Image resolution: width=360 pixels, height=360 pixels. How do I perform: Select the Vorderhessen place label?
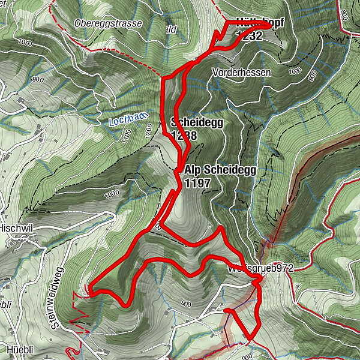click(241, 72)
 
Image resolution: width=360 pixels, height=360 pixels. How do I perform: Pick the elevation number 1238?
click(184, 136)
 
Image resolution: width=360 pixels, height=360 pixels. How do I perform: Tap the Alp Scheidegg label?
click(220, 170)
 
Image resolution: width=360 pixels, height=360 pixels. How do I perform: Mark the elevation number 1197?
click(198, 183)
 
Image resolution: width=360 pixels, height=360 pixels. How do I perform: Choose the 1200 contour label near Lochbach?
click(148, 131)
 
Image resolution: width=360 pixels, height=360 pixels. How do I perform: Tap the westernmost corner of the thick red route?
click(88, 291)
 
